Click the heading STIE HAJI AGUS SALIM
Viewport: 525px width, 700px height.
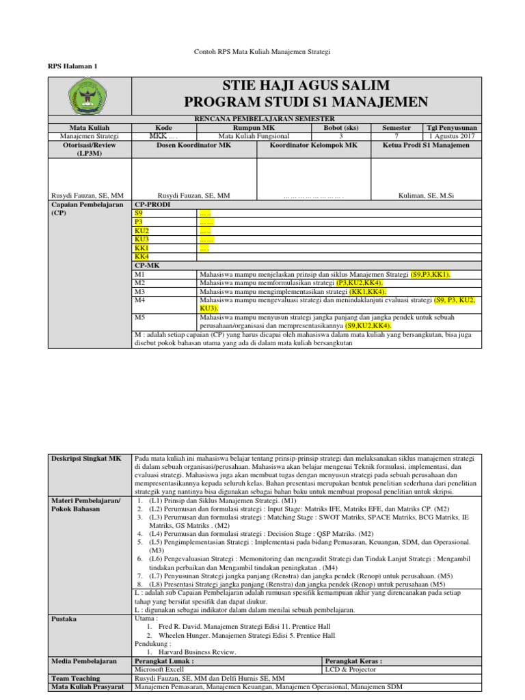pyautogui.click(x=306, y=85)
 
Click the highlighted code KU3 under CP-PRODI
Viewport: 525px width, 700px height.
pyautogui.click(x=142, y=239)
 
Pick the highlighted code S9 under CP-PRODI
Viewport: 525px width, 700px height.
pyautogui.click(x=139, y=213)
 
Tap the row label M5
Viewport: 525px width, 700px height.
pyautogui.click(x=139, y=317)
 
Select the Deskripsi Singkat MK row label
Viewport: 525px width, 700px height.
pyautogui.click(x=77, y=457)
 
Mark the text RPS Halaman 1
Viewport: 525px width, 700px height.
pyautogui.click(x=72, y=66)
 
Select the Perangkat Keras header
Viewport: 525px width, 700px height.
pyautogui.click(x=352, y=661)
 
